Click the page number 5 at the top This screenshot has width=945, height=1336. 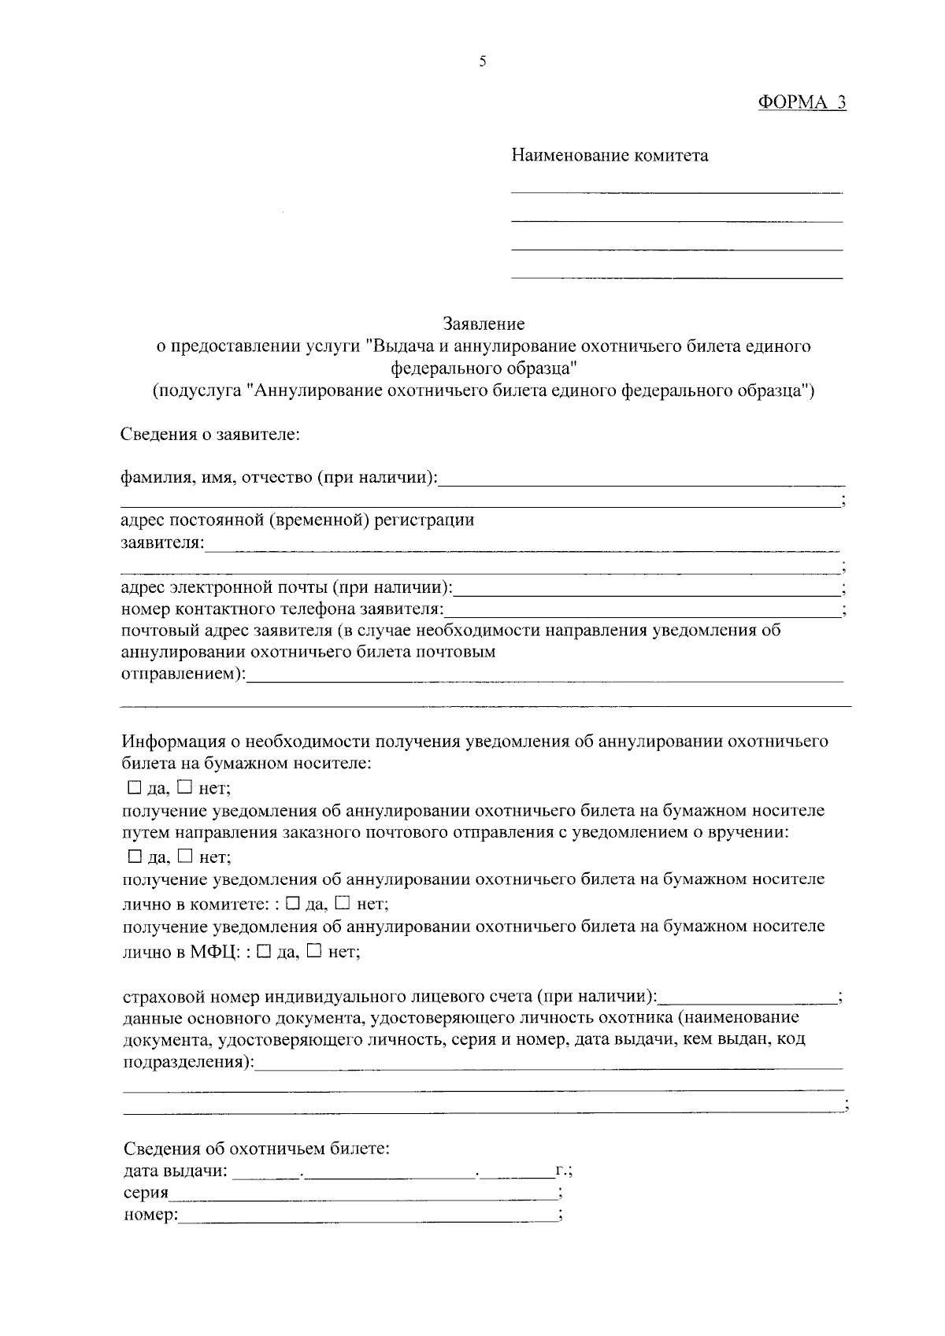[482, 62]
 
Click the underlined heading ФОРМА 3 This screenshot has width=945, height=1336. [801, 102]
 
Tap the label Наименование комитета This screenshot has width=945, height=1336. [610, 156]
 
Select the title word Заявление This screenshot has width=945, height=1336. [484, 324]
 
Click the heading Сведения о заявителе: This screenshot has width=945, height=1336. [210, 434]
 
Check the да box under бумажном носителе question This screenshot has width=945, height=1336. [133, 786]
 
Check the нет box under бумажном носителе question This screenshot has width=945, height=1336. [184, 786]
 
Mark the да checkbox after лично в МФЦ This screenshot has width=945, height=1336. [265, 950]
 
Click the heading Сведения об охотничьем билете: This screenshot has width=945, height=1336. [257, 1149]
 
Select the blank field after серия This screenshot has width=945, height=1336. [362, 1194]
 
